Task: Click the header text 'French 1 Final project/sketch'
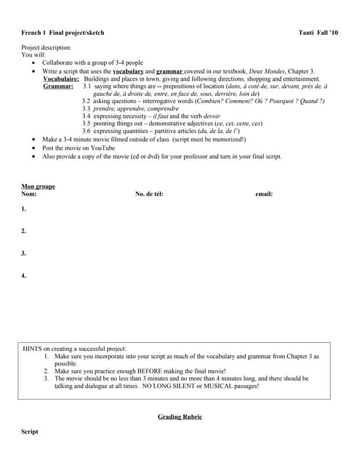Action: [63, 33]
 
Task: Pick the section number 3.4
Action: [87, 116]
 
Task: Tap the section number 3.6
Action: [87, 131]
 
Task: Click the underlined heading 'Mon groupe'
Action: [38, 187]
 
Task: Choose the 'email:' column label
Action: [264, 194]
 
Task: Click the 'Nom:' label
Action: [29, 194]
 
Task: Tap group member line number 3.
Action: [24, 254]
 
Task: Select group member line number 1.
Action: [24, 209]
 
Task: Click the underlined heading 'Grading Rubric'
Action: [180, 417]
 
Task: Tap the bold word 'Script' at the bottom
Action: [30, 432]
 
